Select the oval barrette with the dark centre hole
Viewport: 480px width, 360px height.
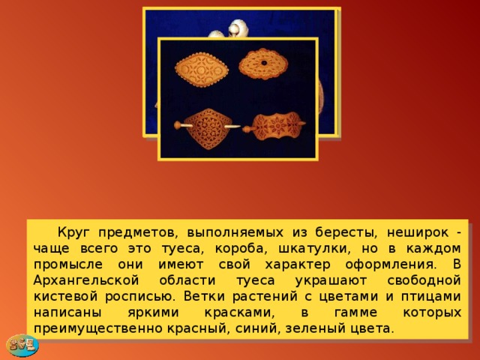pos(265,63)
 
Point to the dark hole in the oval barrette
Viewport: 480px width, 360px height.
pos(265,60)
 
